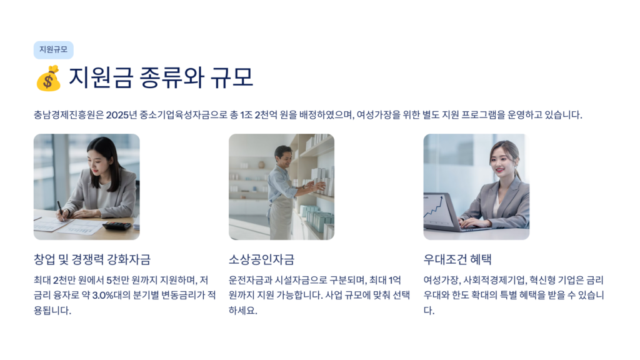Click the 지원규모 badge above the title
[x=54, y=50]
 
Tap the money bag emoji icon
[x=49, y=78]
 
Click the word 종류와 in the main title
[x=172, y=77]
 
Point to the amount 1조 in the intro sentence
[x=246, y=115]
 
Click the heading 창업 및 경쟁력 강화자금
[x=92, y=259]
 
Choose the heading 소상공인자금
[x=261, y=259]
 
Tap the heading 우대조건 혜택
[x=457, y=259]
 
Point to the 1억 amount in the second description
[x=395, y=280]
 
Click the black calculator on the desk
[x=117, y=225]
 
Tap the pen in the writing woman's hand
[x=60, y=210]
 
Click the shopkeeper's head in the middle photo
[x=282, y=156]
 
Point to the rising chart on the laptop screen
[x=434, y=208]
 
